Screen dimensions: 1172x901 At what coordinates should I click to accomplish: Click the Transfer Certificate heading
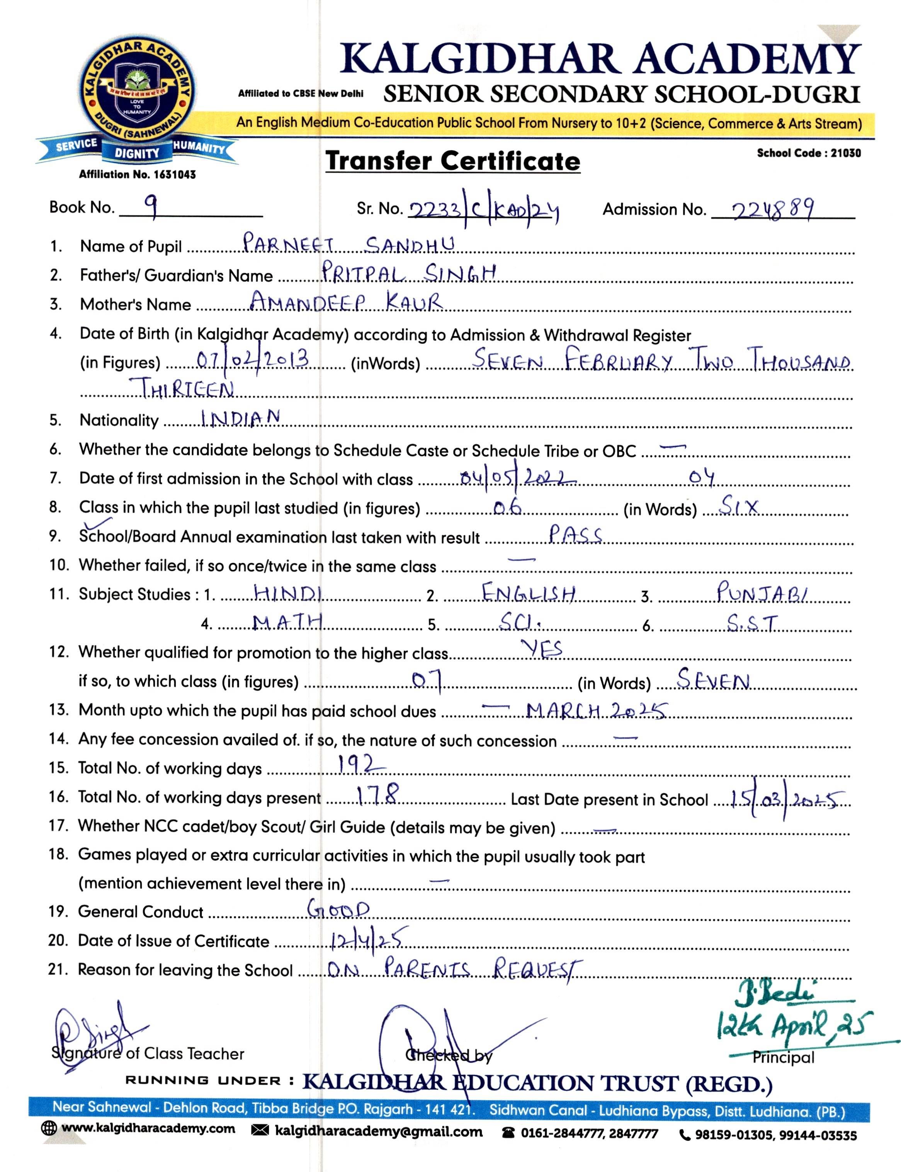tap(453, 161)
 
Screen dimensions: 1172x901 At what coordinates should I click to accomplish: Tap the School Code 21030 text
tap(809, 153)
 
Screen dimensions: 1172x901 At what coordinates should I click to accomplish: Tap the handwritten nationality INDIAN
tap(240, 417)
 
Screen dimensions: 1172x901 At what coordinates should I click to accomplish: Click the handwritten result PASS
tap(575, 535)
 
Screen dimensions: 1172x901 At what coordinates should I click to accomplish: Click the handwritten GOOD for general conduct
tap(338, 910)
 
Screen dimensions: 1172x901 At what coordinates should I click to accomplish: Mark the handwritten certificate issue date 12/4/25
tap(369, 939)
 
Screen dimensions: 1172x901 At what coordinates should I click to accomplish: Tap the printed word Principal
tap(783, 1057)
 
